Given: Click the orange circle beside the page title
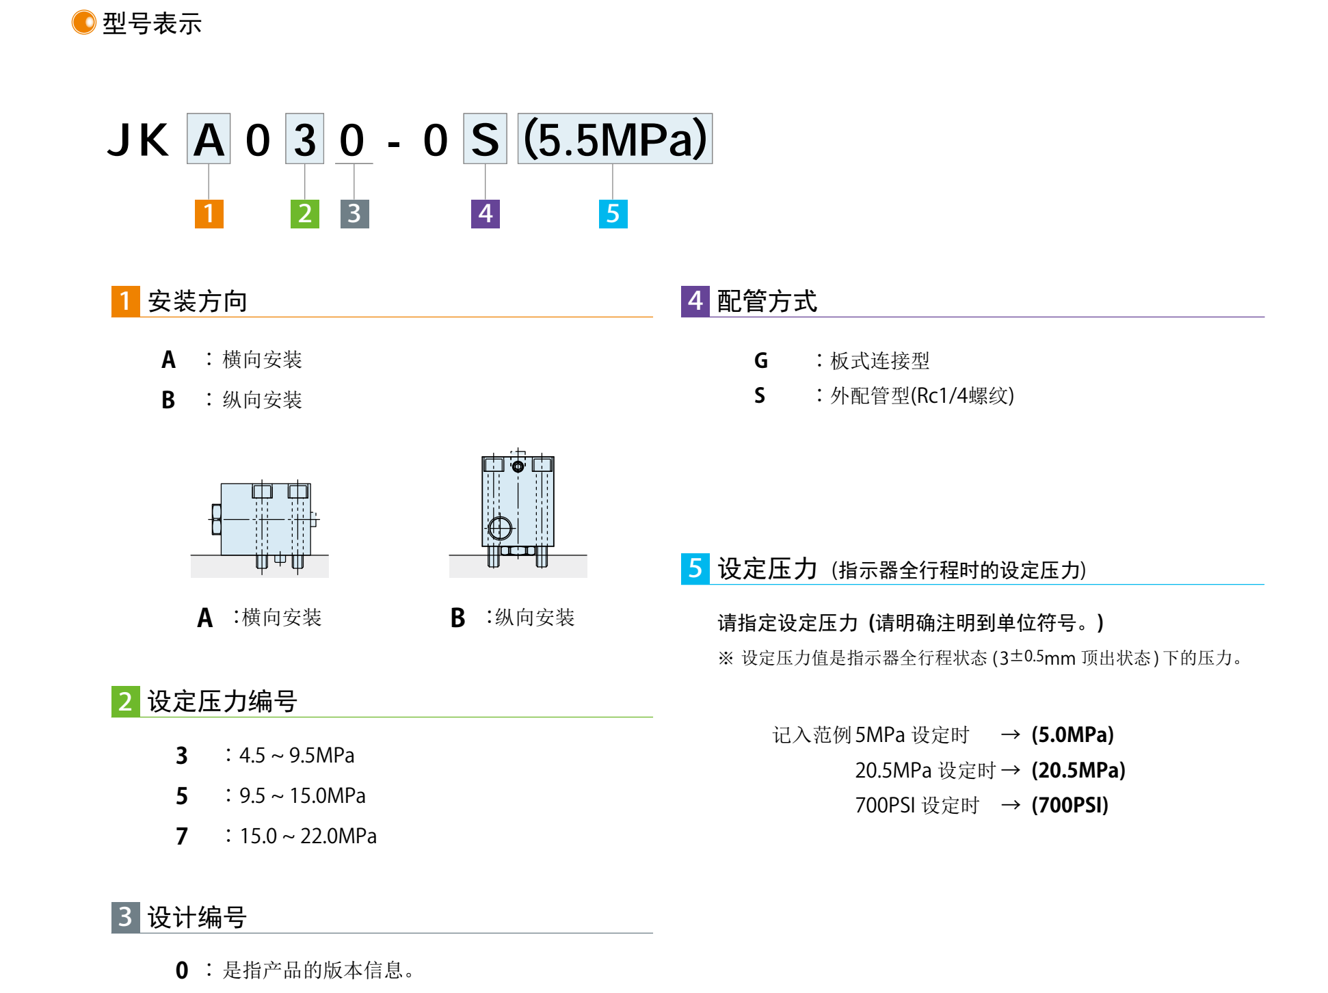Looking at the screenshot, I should click(83, 23).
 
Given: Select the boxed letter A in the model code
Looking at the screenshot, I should click(209, 139).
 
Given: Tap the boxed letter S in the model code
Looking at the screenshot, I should click(485, 139).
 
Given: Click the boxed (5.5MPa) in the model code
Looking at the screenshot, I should click(615, 139).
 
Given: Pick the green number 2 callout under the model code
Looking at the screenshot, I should click(305, 213).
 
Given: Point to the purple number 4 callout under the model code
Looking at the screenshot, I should click(485, 213).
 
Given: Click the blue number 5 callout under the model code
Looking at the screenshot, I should click(613, 213).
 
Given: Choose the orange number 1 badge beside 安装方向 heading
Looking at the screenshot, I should click(125, 301).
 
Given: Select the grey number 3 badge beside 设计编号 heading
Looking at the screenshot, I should click(125, 917).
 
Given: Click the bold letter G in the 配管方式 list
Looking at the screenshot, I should click(760, 360).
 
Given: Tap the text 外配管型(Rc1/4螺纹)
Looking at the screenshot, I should click(922, 396).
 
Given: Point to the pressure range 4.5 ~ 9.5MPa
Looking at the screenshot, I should click(297, 756).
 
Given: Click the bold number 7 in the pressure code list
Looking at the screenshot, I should click(181, 836).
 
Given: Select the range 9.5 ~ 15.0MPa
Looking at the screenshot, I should click(302, 796).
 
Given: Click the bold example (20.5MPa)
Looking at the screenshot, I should click(1078, 771).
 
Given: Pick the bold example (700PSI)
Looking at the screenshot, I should click(1070, 806).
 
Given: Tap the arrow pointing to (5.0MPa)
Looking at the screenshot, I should click(1010, 735).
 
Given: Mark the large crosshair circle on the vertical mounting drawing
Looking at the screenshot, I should click(500, 528).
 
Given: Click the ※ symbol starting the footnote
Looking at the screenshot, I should click(726, 658).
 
